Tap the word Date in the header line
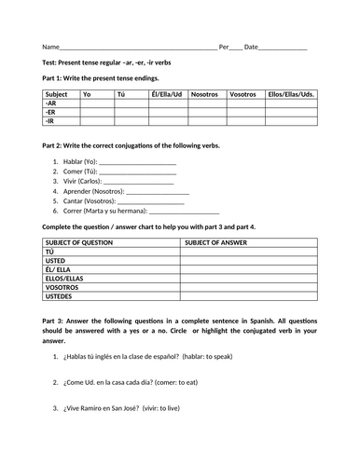pyautogui.click(x=251, y=46)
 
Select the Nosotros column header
pyautogui.click(x=205, y=94)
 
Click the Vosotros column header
pyautogui.click(x=242, y=94)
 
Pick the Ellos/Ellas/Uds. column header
pyautogui.click(x=290, y=94)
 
